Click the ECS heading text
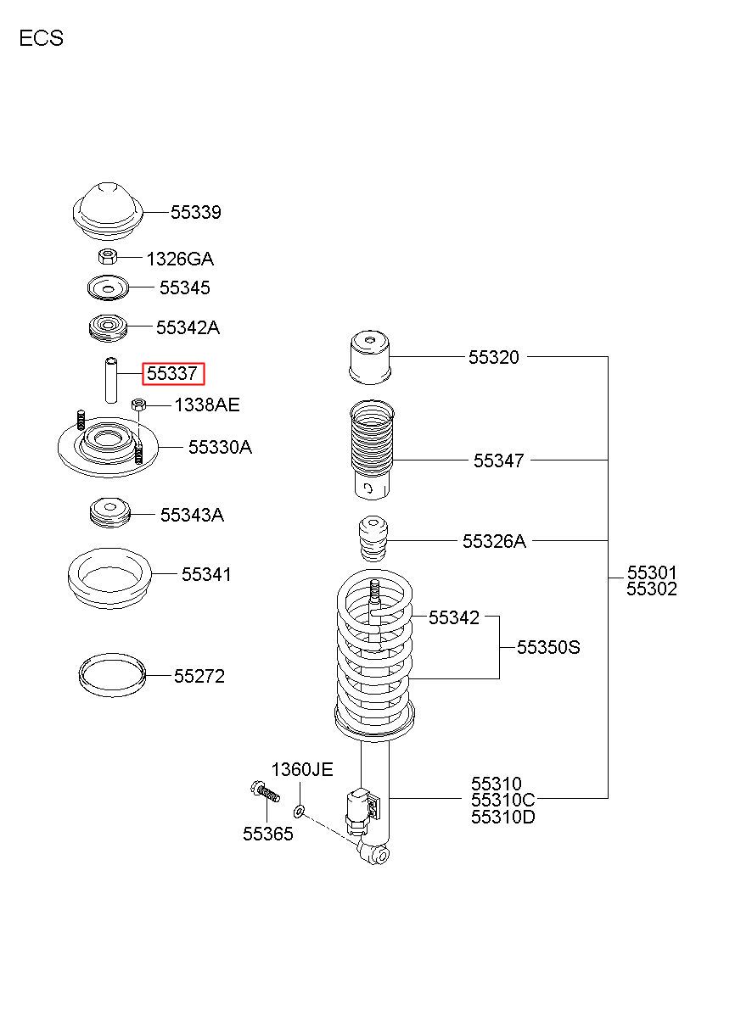tap(42, 38)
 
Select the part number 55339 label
tap(196, 212)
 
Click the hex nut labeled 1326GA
tap(108, 256)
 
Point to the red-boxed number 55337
tap(173, 374)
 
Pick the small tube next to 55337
tap(111, 380)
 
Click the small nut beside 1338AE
tap(138, 405)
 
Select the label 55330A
tap(220, 447)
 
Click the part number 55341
tap(206, 574)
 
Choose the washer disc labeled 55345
tap(108, 288)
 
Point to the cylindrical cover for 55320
tap(370, 358)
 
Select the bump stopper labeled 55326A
tap(373, 539)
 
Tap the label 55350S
tap(549, 647)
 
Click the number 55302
tap(652, 589)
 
